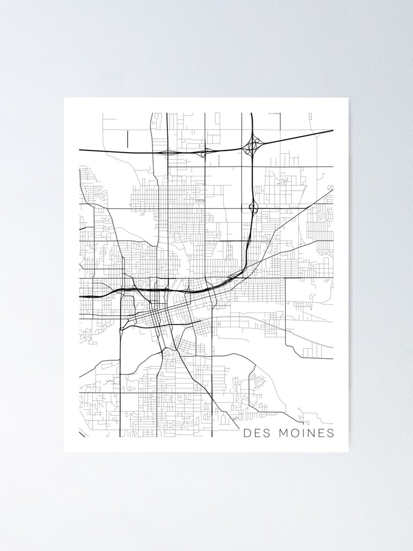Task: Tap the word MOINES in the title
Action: point(306,433)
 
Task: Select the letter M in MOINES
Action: point(284,433)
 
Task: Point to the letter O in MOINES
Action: point(295,433)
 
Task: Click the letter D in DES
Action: point(248,433)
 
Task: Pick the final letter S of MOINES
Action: point(330,433)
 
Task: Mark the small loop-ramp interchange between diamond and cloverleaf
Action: point(205,151)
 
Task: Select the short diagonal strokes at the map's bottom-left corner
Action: point(83,434)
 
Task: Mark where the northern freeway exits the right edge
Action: point(333,131)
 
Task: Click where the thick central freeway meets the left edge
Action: point(80,296)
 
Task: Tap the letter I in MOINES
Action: point(303,433)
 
